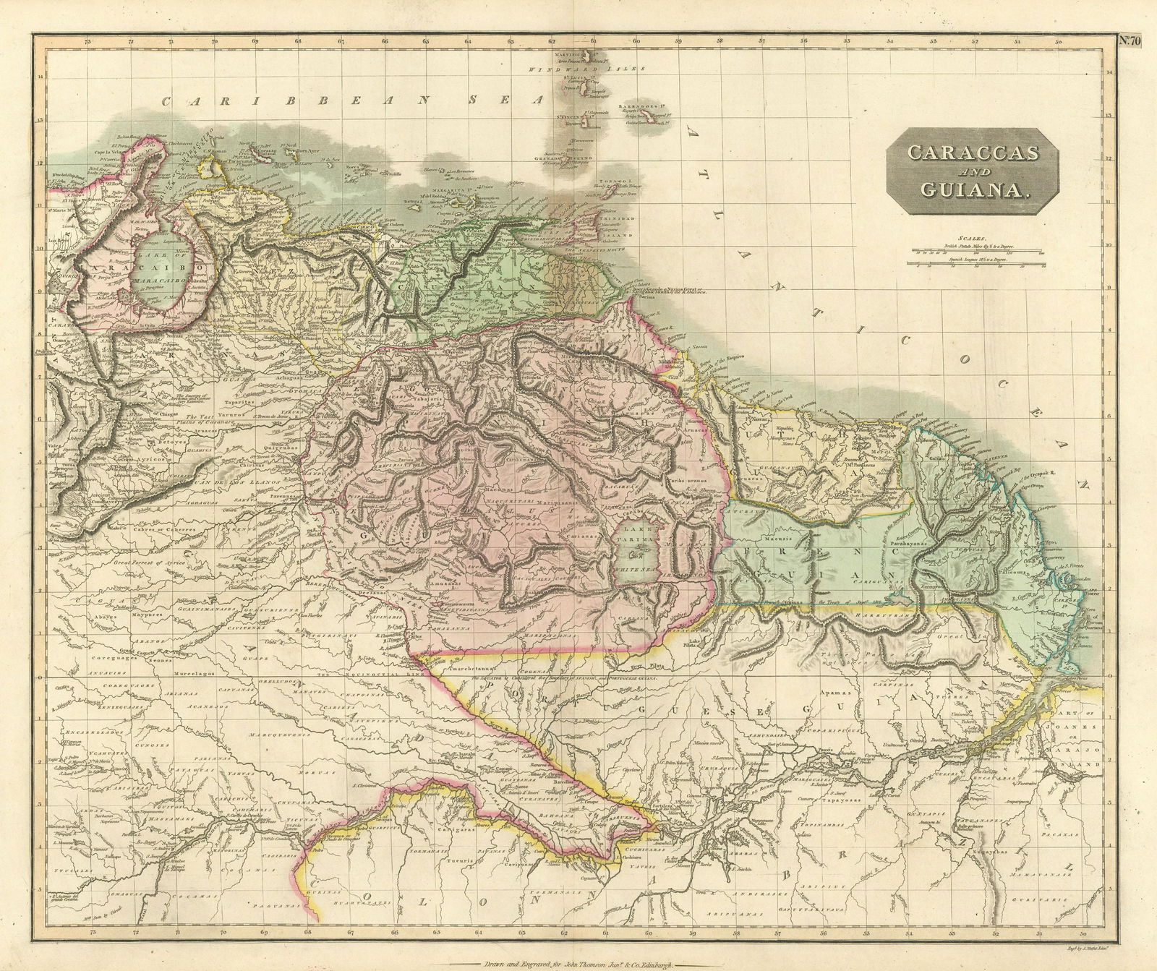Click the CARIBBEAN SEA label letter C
[168, 101]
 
